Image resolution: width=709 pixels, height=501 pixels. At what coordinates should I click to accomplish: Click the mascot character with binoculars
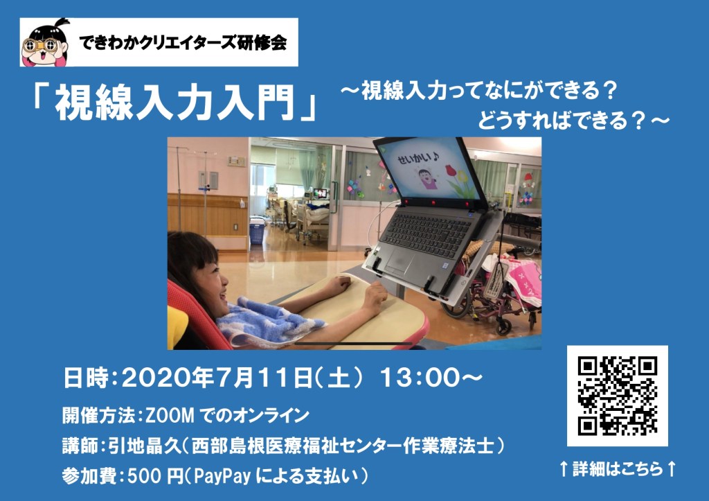pos(45,43)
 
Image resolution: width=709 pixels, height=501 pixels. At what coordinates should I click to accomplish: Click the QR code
pos(617,396)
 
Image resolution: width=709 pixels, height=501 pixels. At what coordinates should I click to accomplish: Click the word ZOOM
pos(169,415)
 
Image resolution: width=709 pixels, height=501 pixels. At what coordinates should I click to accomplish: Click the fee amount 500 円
pos(155,476)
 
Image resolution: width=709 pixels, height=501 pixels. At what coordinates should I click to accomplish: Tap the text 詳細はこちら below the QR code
pos(618,468)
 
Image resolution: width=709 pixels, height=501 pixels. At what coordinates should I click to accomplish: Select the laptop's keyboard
pos(427,233)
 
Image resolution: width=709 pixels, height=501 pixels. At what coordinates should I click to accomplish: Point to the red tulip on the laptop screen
pos(450,170)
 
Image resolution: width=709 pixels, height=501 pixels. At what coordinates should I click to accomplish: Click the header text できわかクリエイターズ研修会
pos(183,43)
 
